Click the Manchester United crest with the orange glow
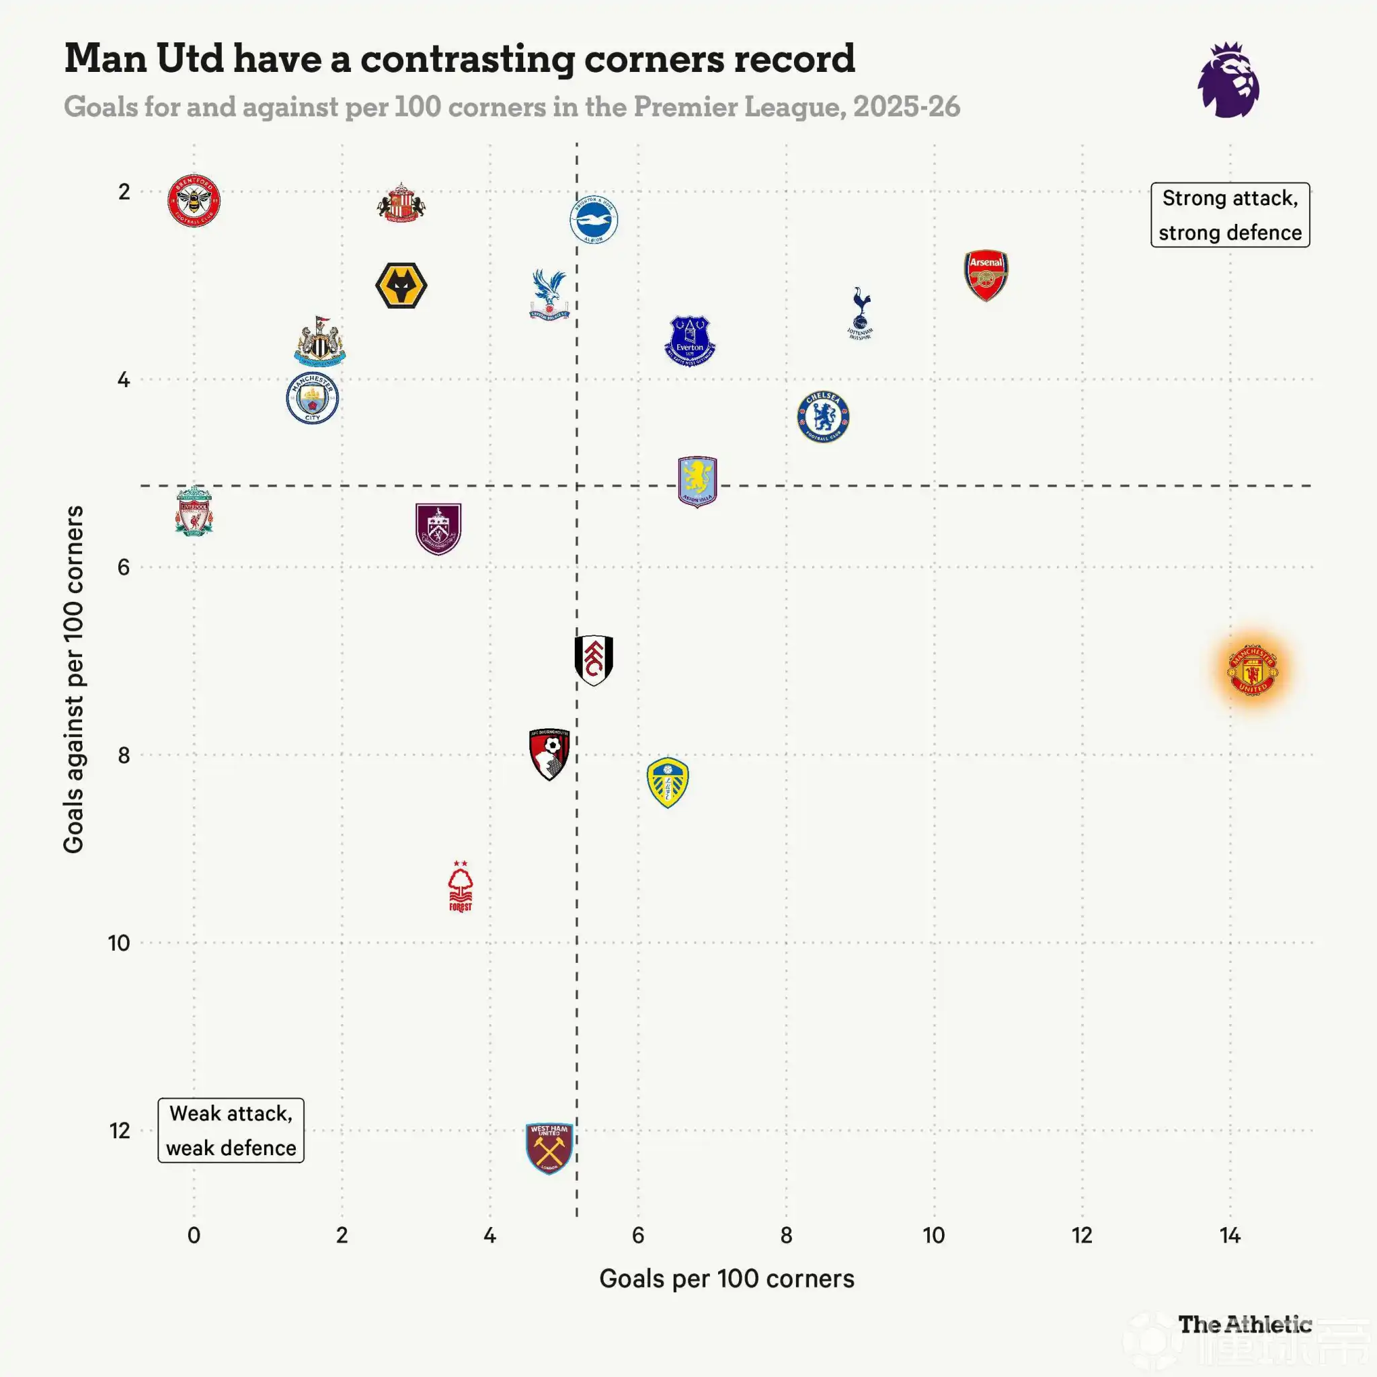click(x=1252, y=670)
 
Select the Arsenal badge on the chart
click(x=986, y=275)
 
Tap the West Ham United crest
click(x=549, y=1148)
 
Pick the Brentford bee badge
click(x=194, y=200)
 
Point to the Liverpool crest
click(x=194, y=511)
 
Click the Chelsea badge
click(x=823, y=417)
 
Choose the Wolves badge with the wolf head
click(x=401, y=285)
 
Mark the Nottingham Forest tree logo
click(x=461, y=886)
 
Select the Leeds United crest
click(x=667, y=783)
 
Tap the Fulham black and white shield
click(x=594, y=660)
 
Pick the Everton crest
click(x=689, y=342)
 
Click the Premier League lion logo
click(x=1228, y=80)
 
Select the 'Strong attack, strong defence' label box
click(x=1230, y=215)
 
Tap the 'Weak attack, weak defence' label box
click(x=231, y=1130)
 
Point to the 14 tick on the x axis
click(x=1230, y=1235)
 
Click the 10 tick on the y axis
click(x=119, y=943)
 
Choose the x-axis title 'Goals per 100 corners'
click(x=726, y=1279)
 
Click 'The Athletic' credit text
click(x=1245, y=1325)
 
